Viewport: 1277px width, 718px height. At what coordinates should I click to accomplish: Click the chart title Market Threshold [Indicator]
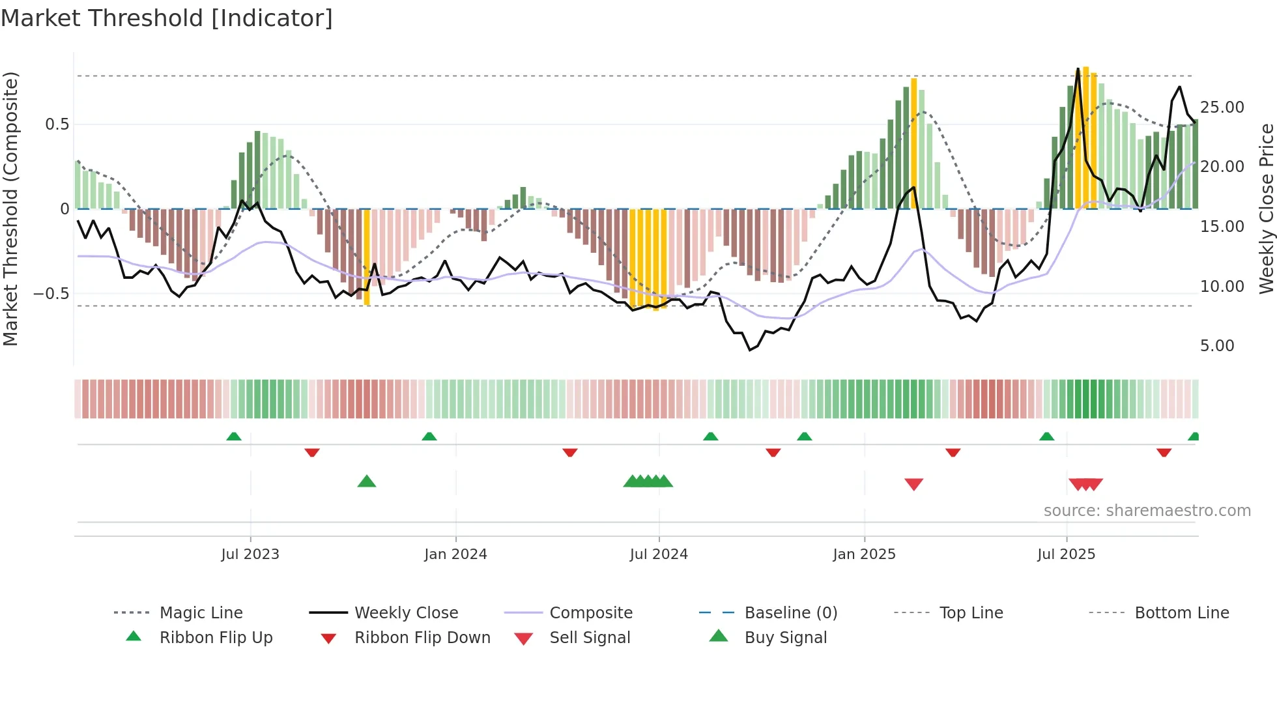click(167, 18)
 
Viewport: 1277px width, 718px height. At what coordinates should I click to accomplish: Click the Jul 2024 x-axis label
click(659, 554)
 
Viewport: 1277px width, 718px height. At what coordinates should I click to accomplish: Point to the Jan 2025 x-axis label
click(864, 554)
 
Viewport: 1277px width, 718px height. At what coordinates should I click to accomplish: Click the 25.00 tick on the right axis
click(1222, 108)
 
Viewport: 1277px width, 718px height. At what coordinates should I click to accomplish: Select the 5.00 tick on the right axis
click(1217, 346)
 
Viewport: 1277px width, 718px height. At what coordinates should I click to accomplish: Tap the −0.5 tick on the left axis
click(51, 294)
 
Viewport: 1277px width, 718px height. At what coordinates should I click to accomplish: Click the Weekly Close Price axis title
click(1266, 208)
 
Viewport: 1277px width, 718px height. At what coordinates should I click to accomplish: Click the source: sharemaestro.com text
click(1147, 511)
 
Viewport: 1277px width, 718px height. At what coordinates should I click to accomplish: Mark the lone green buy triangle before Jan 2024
click(367, 482)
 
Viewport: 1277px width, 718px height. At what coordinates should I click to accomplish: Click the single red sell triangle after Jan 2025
click(913, 484)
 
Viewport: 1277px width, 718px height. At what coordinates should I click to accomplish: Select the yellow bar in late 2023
click(367, 257)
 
